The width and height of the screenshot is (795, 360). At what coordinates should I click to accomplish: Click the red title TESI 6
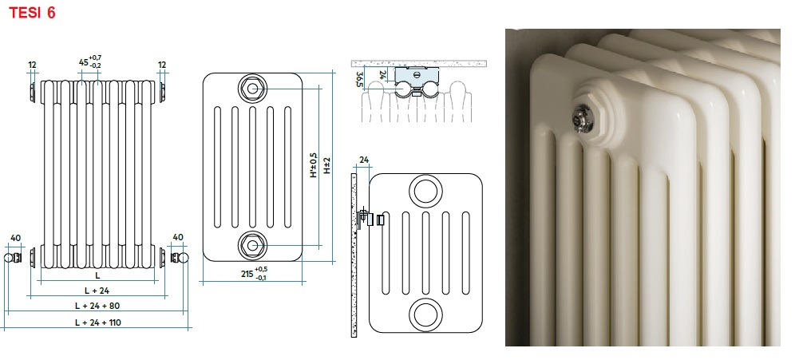tap(32, 13)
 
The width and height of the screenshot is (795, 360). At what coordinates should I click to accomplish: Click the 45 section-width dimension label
tap(83, 61)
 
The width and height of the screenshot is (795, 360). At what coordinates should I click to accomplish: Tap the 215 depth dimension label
tap(247, 273)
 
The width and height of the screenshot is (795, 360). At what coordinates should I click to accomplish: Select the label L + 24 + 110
tap(98, 322)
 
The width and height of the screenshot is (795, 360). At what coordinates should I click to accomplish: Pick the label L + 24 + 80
tap(97, 306)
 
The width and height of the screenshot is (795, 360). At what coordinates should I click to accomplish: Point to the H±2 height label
tap(327, 165)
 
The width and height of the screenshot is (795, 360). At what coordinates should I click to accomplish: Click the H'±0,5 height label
tap(314, 164)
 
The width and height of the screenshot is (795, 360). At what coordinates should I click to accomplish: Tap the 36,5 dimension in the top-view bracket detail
tap(359, 80)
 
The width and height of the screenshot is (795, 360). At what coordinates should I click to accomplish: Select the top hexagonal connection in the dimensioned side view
tap(252, 89)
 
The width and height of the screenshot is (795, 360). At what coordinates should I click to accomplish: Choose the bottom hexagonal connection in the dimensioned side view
tap(252, 245)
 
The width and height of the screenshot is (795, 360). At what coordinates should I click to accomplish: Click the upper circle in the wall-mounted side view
tap(426, 192)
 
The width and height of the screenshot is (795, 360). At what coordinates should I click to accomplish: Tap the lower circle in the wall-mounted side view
tap(425, 315)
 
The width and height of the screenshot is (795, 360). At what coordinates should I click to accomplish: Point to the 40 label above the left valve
tap(15, 238)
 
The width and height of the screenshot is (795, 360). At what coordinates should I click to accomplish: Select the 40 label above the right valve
tap(178, 237)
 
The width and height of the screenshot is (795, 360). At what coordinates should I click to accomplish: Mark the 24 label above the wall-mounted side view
tap(363, 160)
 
